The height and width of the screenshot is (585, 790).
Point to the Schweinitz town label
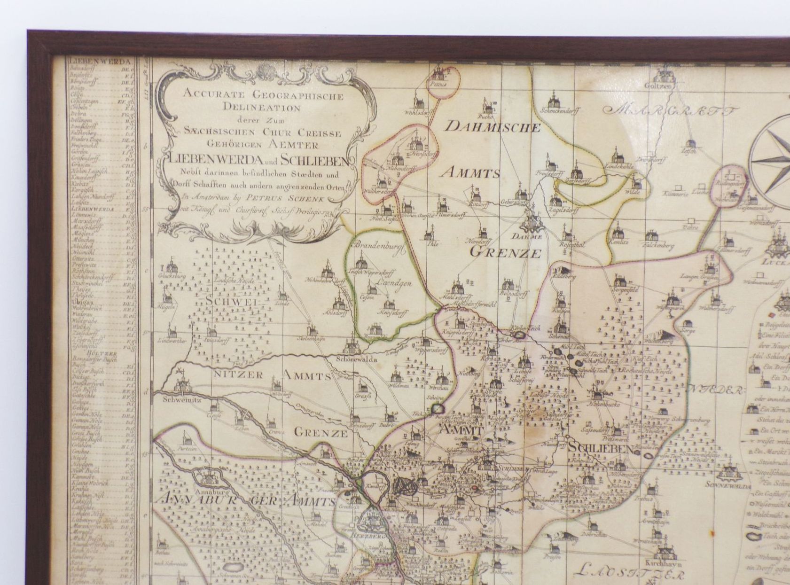point(178,399)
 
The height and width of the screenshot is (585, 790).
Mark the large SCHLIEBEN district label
point(600,449)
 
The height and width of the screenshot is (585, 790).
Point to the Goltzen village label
point(664,86)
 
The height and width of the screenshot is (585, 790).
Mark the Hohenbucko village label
point(604,404)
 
